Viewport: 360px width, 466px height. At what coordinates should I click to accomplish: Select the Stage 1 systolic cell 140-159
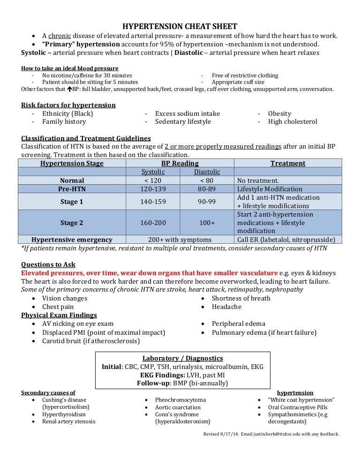pyautogui.click(x=153, y=202)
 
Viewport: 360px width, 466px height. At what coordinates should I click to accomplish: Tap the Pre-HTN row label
pyautogui.click(x=72, y=189)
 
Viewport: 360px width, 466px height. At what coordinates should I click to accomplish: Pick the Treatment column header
pyautogui.click(x=288, y=164)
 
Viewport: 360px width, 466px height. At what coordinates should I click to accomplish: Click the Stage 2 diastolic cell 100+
pyautogui.click(x=207, y=223)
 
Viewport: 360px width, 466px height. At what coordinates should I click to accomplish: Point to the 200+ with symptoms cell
pyautogui.click(x=180, y=240)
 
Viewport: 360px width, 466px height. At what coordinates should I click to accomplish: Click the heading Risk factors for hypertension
pyautogui.click(x=68, y=105)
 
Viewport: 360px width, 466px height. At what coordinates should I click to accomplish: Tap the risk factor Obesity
pyautogui.click(x=279, y=113)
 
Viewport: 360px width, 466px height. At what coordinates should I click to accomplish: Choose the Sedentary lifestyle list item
pyautogui.click(x=183, y=122)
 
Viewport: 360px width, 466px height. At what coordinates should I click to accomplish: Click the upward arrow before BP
pyautogui.click(x=69, y=89)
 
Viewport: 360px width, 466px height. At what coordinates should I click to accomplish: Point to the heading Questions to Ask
pyautogui.click(x=48, y=264)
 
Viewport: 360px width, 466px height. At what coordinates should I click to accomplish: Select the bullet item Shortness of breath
pyautogui.click(x=241, y=298)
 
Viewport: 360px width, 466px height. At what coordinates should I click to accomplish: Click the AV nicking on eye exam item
pyautogui.click(x=78, y=324)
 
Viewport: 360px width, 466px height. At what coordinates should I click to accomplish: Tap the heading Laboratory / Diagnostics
pyautogui.click(x=182, y=359)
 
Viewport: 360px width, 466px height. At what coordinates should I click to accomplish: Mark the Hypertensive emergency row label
pyautogui.click(x=72, y=240)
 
